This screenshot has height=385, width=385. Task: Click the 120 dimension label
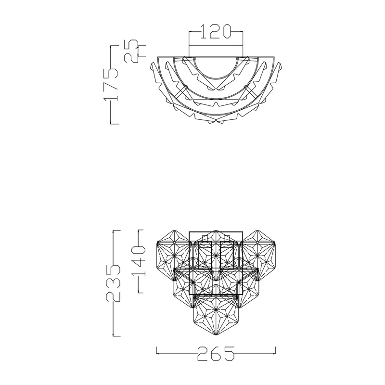216,31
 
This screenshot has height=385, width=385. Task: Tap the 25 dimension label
130,51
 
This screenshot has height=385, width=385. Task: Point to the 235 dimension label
113,283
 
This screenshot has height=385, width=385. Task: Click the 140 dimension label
139,261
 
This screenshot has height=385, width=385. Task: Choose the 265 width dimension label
216,354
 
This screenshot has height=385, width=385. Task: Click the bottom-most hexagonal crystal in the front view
216,315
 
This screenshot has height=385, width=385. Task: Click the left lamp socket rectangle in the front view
205,255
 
